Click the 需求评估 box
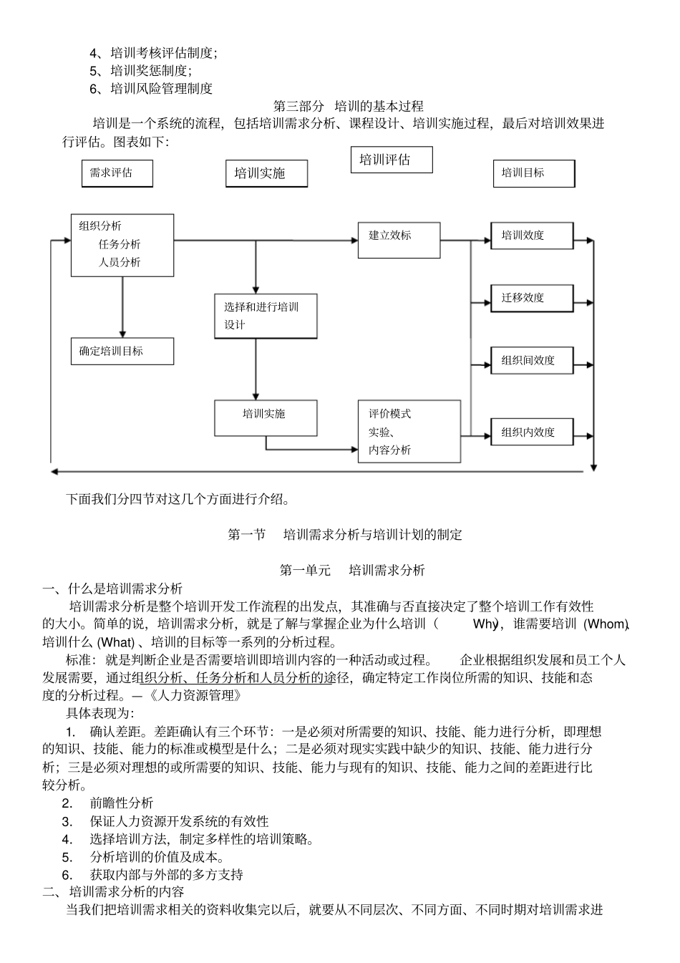(x=117, y=173)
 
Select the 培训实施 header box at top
(x=266, y=173)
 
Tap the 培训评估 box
(x=391, y=160)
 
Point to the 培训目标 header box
(x=533, y=173)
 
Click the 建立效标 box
(x=399, y=240)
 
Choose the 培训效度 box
(x=531, y=236)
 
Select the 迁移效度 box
(x=531, y=298)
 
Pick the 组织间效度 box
(x=531, y=360)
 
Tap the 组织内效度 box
(x=531, y=432)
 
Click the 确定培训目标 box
(x=122, y=351)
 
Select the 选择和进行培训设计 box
(x=266, y=316)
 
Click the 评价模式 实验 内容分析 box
(x=409, y=432)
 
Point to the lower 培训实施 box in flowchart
(x=266, y=417)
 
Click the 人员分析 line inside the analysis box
(x=120, y=263)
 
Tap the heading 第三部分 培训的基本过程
(x=349, y=106)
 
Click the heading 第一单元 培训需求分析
(x=352, y=571)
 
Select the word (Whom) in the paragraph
(x=606, y=624)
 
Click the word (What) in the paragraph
(x=115, y=642)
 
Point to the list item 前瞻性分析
(x=121, y=803)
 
